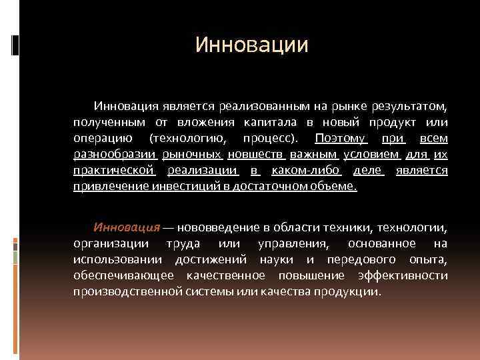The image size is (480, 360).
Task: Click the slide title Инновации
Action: [x=252, y=45]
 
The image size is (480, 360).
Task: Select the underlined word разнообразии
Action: [x=114, y=155]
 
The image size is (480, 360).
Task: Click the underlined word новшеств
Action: [x=256, y=155]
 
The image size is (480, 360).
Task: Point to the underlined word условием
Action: [x=371, y=155]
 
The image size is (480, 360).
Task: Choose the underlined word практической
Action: [x=113, y=171]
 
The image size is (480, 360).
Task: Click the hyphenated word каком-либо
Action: [x=305, y=171]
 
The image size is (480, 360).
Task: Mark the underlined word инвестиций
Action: [x=177, y=187]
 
